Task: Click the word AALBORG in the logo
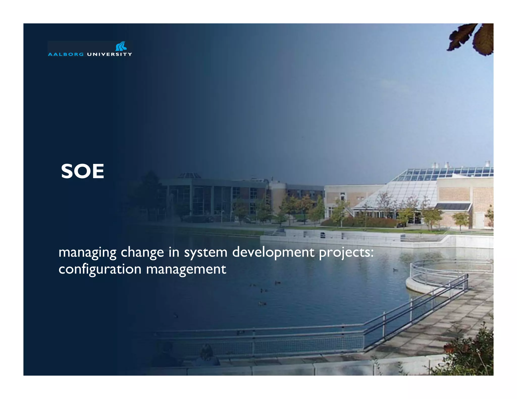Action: (66, 54)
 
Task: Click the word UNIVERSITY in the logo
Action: (109, 54)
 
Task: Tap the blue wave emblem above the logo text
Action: (121, 46)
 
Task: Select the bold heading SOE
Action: (83, 172)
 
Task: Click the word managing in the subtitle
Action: (87, 252)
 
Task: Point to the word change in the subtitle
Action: (142, 252)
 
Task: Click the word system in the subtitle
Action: (205, 252)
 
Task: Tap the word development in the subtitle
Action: (273, 252)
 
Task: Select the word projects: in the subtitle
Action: (346, 252)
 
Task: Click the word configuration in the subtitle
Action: (100, 269)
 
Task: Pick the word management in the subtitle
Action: (186, 269)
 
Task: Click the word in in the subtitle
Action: (174, 252)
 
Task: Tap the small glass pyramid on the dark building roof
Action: (189, 175)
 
